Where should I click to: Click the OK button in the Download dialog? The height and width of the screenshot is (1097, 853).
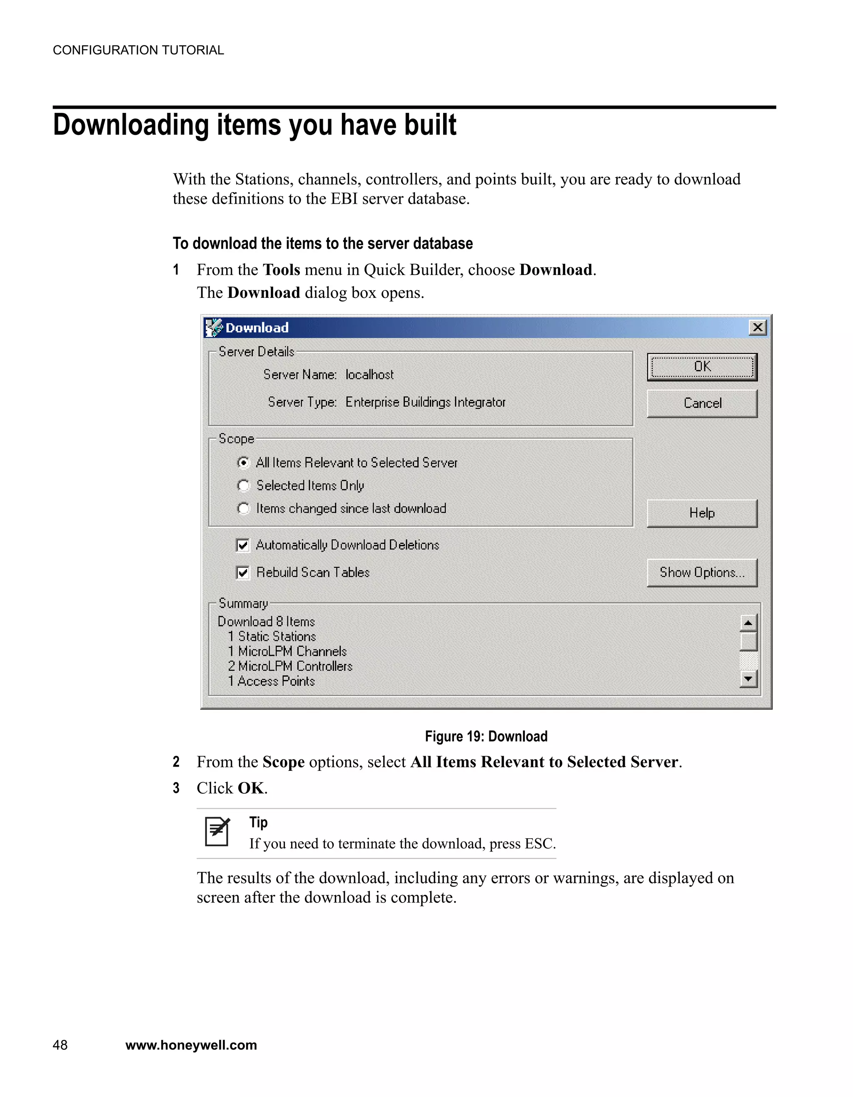701,367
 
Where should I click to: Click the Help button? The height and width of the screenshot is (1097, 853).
701,513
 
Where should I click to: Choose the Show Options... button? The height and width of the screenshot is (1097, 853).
701,572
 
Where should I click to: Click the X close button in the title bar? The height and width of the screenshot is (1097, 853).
757,327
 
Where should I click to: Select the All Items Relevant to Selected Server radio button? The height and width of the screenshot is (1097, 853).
244,462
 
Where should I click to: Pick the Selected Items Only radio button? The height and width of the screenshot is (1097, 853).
244,485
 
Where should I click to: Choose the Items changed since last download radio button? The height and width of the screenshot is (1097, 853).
244,508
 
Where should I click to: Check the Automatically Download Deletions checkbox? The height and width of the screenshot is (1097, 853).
243,545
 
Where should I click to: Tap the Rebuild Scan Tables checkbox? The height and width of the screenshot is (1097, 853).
243,572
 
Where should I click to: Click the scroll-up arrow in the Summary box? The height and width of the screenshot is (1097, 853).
748,623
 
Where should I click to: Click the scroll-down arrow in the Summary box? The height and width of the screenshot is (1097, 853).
748,679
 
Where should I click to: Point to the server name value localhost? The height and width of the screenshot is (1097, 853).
369,375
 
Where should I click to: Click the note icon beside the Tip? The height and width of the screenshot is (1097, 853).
217,832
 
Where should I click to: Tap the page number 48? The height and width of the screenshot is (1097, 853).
60,1045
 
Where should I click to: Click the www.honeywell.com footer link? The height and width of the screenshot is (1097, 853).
191,1045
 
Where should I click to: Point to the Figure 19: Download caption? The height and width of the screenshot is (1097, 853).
486,736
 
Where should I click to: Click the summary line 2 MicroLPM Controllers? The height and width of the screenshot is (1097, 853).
290,666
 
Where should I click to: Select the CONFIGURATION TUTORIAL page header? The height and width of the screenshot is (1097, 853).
138,50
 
